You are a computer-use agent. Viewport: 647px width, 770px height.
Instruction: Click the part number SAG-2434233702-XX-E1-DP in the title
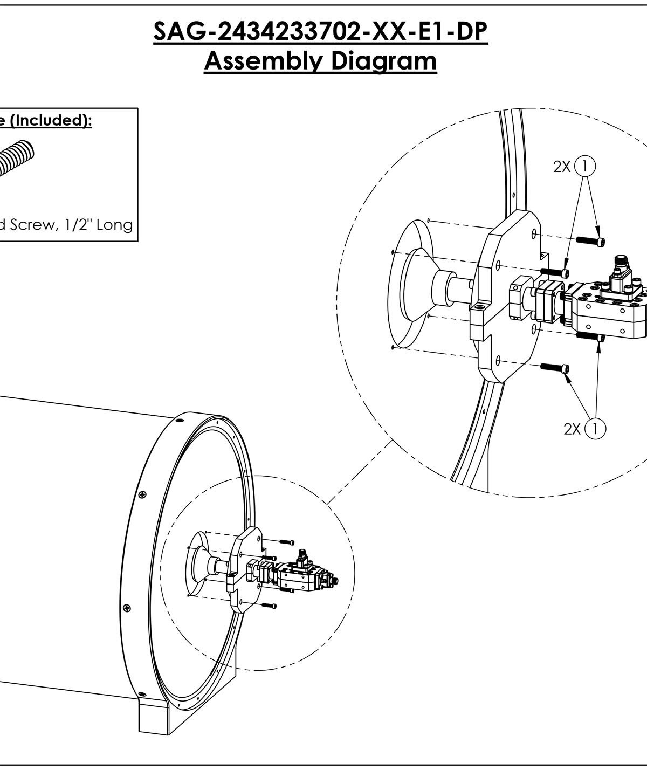[321, 32]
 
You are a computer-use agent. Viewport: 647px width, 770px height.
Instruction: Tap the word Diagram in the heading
[384, 61]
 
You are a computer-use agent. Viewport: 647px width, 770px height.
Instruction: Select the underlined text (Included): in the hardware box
[51, 121]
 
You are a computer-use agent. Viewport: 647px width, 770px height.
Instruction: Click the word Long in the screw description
[114, 224]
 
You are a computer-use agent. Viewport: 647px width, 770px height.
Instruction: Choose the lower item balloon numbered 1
[595, 429]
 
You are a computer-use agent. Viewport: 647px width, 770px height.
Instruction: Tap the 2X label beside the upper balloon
[562, 167]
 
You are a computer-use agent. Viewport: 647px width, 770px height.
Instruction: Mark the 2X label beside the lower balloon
[572, 429]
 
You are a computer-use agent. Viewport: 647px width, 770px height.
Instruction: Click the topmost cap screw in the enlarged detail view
[590, 241]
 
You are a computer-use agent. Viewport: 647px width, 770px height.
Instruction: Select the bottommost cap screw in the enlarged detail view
[555, 368]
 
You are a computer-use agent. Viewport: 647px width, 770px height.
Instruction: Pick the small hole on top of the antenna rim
[180, 421]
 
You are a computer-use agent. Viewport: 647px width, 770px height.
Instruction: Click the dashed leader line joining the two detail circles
[360, 472]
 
